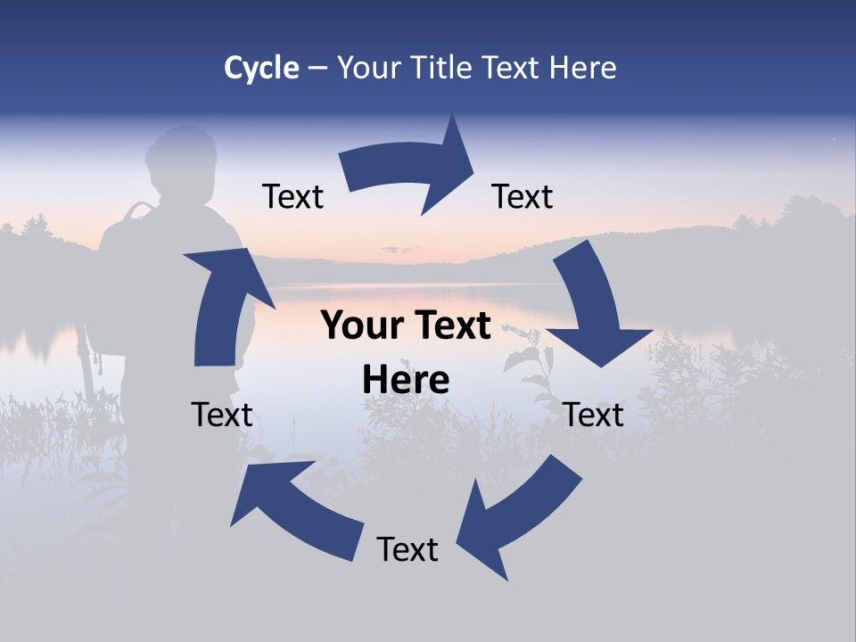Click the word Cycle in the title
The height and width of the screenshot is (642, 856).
tap(261, 68)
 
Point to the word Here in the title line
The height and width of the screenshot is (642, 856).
tap(583, 68)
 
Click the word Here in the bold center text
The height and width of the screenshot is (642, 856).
tap(406, 380)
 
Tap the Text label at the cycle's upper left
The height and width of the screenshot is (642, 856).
tap(292, 196)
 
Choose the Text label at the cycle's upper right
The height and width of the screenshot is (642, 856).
tap(523, 196)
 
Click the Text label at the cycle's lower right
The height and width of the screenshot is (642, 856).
tap(594, 415)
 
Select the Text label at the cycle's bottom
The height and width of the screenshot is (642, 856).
tap(407, 549)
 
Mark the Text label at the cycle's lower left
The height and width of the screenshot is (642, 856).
tap(222, 415)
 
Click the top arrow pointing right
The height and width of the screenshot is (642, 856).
tap(410, 169)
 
